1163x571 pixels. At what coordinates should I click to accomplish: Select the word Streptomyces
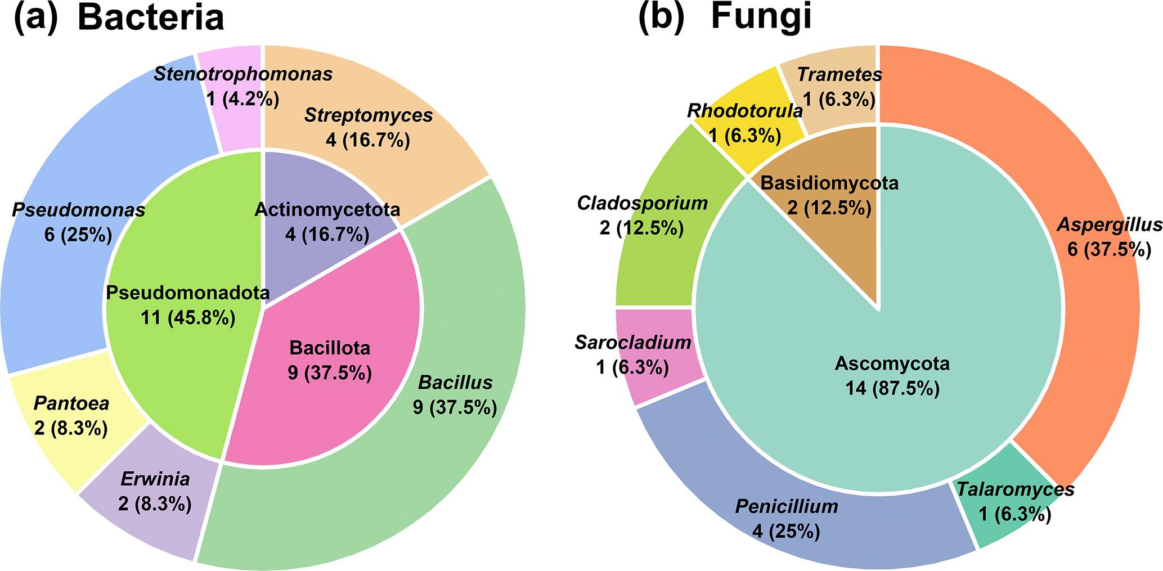369,115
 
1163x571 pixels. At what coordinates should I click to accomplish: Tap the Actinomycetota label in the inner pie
327,210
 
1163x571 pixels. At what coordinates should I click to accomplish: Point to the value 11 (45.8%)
188,318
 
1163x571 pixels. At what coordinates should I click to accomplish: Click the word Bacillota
330,348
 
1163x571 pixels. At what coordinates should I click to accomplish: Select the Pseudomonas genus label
79,210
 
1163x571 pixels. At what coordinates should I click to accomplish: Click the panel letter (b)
661,17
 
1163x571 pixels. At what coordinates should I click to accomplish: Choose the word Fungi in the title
761,17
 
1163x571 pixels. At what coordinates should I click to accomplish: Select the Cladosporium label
642,203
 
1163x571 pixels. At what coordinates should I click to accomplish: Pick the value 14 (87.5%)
892,389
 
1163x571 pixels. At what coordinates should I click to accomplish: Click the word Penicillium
787,506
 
